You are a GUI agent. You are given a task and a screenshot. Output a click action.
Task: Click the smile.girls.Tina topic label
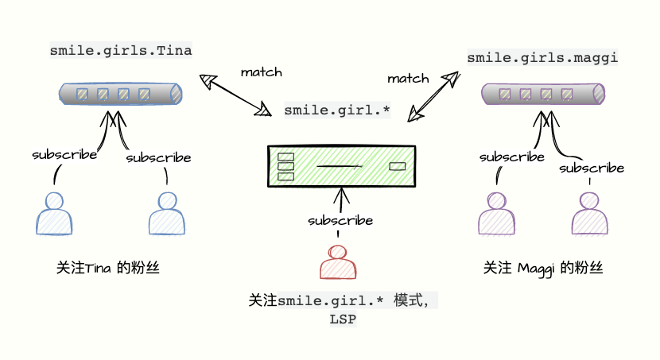121,50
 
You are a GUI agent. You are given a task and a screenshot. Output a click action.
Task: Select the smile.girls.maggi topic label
542,57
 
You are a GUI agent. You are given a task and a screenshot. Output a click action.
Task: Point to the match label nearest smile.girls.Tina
261,72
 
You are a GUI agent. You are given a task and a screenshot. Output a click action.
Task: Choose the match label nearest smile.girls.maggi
408,79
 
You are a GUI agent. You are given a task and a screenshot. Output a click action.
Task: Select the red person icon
338,262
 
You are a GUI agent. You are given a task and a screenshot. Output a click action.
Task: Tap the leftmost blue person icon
54,214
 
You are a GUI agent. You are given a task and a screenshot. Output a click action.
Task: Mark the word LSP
343,319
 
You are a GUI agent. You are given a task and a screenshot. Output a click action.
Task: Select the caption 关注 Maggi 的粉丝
543,268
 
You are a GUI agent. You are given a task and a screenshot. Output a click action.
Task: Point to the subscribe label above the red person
341,220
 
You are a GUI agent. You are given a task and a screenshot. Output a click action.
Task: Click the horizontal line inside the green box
340,166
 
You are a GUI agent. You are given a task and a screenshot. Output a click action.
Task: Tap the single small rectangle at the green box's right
397,166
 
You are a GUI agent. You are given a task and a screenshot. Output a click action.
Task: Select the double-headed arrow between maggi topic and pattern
433,96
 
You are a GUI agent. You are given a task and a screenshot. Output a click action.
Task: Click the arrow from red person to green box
341,199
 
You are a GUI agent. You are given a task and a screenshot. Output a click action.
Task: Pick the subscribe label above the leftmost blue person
64,154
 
